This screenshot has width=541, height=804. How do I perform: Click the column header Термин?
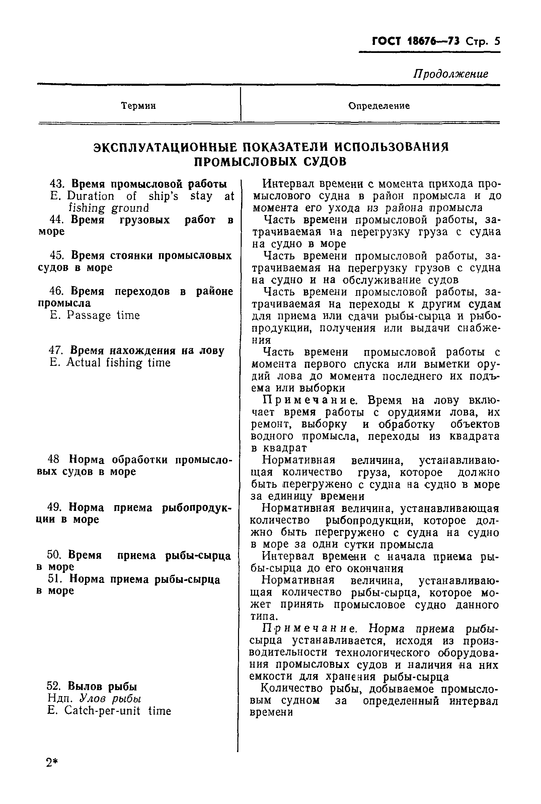coord(138,106)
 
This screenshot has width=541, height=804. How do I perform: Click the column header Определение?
coord(379,106)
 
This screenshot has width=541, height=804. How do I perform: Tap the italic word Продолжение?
coord(451,74)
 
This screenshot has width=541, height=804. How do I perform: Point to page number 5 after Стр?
coord(497,42)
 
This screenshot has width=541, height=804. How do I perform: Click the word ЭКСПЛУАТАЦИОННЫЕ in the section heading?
coord(165,147)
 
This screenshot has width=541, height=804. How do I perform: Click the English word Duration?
coord(90,196)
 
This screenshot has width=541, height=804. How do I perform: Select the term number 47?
coord(56,351)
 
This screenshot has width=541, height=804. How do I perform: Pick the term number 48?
coord(54,460)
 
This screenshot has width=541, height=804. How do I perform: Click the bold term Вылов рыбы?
coord(102,686)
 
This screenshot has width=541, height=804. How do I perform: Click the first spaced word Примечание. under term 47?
coord(311,400)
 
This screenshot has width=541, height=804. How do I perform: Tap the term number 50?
coord(54,555)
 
